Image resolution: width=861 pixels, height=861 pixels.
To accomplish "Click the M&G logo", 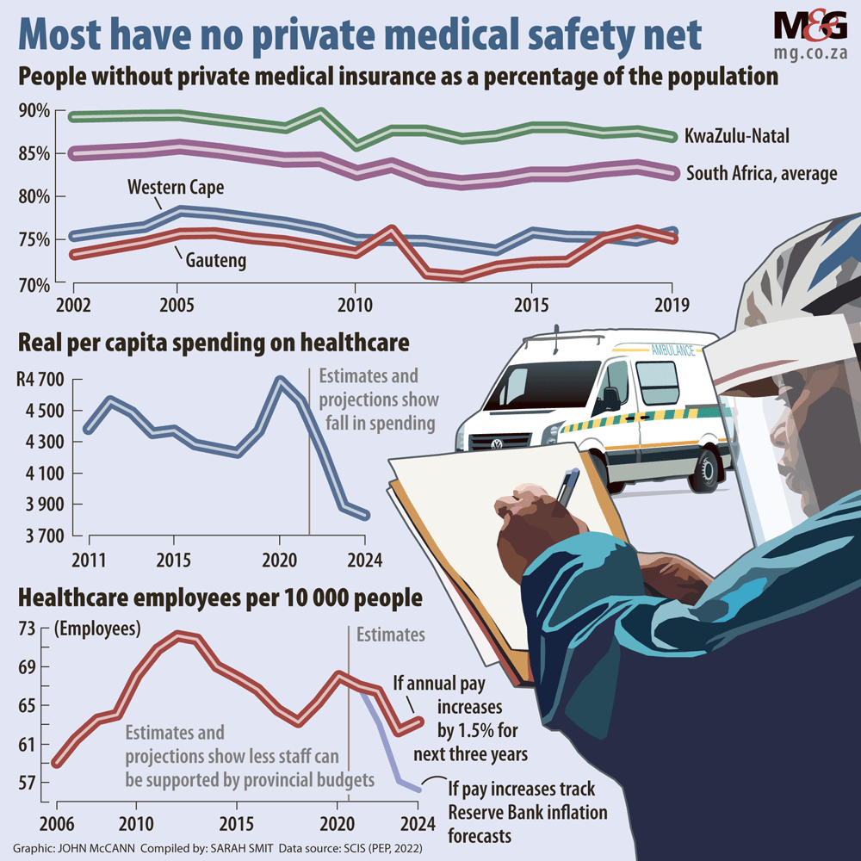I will (810, 27).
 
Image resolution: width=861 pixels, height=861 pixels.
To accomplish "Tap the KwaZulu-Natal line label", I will (738, 136).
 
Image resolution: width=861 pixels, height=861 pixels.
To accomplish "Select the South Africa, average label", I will (761, 173).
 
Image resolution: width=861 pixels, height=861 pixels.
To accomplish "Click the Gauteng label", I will (214, 260).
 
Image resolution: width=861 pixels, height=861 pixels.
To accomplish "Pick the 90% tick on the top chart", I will (34, 111).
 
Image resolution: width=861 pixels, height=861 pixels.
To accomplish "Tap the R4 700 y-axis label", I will (40, 379).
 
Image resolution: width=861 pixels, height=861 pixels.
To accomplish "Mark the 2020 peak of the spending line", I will (279, 378).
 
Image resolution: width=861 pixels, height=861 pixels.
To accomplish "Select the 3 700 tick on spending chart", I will (40, 536).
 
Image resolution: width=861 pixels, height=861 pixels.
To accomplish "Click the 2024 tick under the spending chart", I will (366, 557).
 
